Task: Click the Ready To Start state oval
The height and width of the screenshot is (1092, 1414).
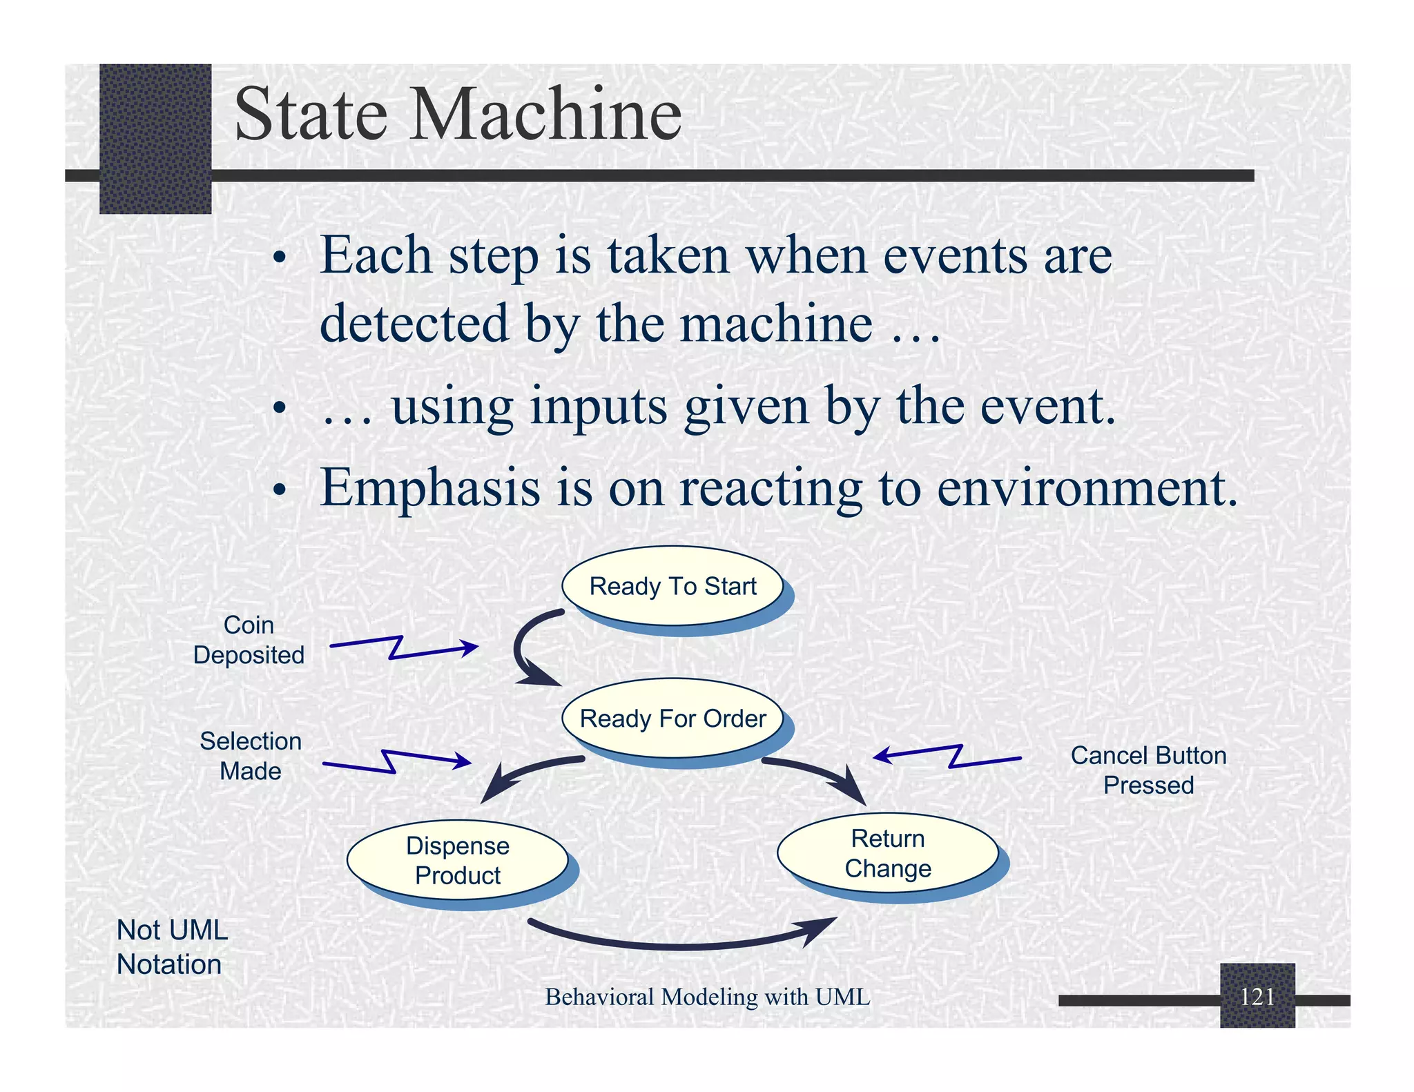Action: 672,586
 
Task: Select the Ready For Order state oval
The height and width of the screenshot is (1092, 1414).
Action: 672,719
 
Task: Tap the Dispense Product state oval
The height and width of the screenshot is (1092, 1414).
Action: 457,860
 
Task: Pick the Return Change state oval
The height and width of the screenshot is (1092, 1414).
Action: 888,853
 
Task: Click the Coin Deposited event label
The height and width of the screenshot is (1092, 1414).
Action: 249,640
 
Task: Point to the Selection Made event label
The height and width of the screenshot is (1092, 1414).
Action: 250,756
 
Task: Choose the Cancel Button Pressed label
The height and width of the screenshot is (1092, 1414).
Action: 1148,770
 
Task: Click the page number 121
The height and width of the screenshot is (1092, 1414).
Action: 1257,996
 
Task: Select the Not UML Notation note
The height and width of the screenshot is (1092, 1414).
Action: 171,947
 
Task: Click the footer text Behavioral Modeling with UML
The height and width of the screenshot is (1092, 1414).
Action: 707,997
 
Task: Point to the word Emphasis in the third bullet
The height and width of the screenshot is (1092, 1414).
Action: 429,488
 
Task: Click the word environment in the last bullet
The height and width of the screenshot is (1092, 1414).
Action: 1087,488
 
